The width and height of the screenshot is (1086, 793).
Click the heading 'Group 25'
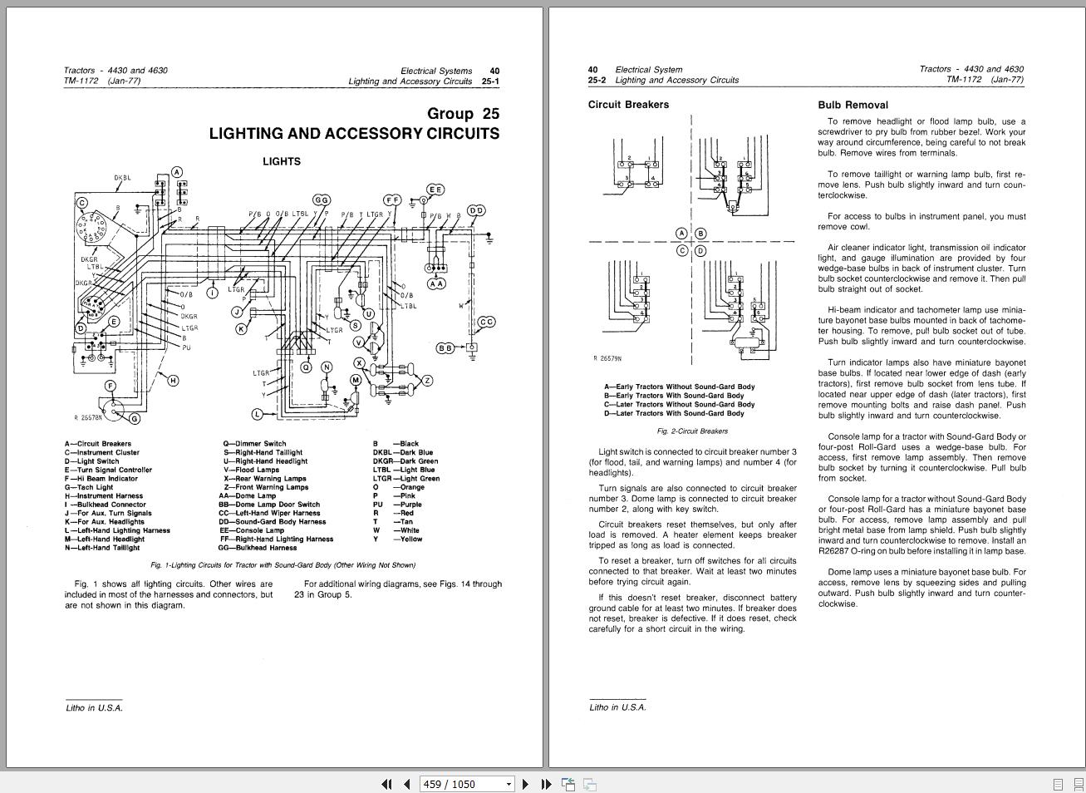pos(463,114)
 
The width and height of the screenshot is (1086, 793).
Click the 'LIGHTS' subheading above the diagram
pos(282,161)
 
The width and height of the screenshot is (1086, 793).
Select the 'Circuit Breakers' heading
pos(628,105)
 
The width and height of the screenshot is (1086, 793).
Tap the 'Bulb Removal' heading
pos(853,106)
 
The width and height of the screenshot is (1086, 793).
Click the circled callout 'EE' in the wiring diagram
pos(435,190)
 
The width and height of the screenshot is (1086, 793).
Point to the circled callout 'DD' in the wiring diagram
pos(476,211)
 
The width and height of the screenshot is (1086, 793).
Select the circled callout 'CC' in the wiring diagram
pos(486,322)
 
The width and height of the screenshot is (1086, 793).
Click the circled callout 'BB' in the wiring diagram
pos(445,347)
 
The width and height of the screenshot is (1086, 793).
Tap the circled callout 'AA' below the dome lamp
pos(435,283)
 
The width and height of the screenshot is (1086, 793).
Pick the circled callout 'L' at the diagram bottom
pos(258,414)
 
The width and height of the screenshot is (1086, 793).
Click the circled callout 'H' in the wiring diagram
pos(173,381)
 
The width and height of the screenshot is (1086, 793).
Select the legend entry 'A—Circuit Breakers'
pos(98,444)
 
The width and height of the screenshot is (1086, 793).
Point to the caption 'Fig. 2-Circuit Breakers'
pos(692,431)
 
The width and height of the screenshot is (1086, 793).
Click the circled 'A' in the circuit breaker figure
pos(682,234)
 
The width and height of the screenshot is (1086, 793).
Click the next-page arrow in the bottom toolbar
pos(525,784)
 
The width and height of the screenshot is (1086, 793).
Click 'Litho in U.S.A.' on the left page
pos(94,708)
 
